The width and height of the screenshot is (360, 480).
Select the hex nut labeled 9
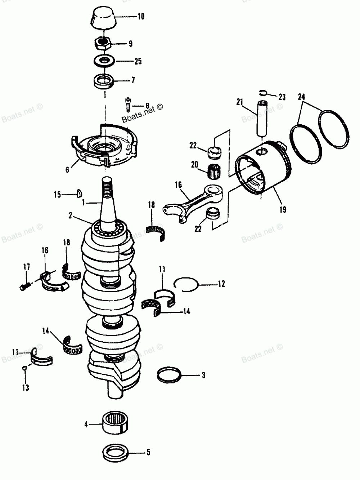(x=104, y=44)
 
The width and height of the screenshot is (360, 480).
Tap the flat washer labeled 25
(x=104, y=61)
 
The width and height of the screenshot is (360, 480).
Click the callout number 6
(x=67, y=170)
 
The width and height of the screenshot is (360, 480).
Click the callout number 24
(x=301, y=97)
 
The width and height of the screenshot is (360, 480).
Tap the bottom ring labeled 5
(x=115, y=452)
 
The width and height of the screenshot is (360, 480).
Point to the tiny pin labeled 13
(x=24, y=368)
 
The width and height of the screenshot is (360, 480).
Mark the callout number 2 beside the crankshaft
(x=70, y=215)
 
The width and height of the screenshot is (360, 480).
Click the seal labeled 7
(x=104, y=81)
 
